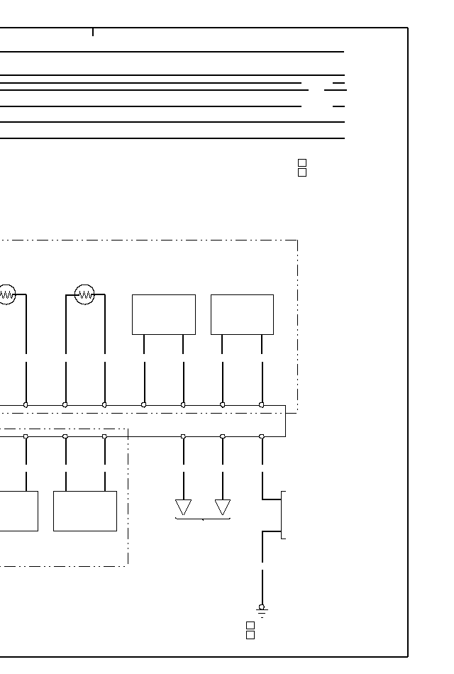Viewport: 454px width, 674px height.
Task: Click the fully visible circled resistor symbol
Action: (x=84, y=294)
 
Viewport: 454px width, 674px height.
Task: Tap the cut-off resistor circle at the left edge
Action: (x=6, y=294)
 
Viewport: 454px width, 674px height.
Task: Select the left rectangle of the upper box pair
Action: (x=163, y=314)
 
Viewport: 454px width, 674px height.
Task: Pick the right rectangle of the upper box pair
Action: (x=242, y=314)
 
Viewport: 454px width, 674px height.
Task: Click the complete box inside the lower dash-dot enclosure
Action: (x=84, y=511)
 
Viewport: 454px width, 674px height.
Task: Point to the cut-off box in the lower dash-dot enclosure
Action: (x=18, y=511)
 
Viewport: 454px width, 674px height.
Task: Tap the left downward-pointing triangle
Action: (x=183, y=507)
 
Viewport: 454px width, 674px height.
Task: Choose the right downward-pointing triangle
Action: (x=223, y=507)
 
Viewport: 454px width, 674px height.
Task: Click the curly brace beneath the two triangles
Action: (x=203, y=519)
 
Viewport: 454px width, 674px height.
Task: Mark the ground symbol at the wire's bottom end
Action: (x=262, y=609)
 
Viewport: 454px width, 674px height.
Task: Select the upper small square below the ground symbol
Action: (x=250, y=625)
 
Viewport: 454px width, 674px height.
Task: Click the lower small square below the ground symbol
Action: (x=250, y=635)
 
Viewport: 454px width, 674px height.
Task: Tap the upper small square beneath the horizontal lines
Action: (x=302, y=163)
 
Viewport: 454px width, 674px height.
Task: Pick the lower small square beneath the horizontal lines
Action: (x=302, y=172)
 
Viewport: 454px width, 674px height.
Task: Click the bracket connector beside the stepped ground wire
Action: (x=283, y=514)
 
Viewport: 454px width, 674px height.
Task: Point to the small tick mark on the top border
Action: (x=93, y=31)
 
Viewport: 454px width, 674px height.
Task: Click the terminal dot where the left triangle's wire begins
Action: (x=183, y=436)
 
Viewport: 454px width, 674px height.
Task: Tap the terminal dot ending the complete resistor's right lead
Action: (x=104, y=404)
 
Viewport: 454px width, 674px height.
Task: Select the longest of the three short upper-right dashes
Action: (x=335, y=90)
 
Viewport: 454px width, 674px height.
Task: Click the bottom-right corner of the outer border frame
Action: (x=408, y=657)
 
